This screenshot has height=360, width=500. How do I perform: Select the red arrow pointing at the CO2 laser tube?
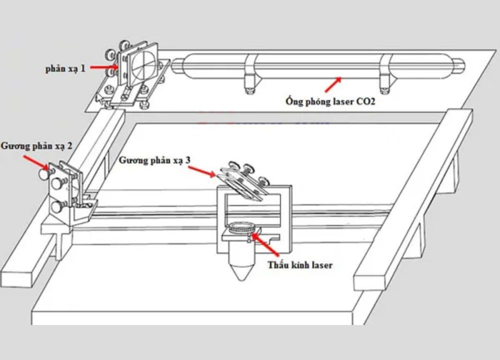click(333, 84)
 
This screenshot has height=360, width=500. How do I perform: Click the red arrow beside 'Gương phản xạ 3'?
click(202, 172)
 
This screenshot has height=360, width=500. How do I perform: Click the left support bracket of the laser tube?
click(250, 75)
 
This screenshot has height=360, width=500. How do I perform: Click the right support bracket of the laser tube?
click(385, 75)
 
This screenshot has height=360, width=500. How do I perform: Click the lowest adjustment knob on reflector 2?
click(56, 205)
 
